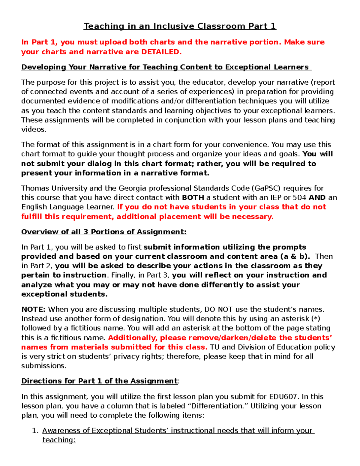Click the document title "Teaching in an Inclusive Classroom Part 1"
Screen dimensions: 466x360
coord(180,26)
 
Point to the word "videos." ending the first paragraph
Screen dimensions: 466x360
coord(34,129)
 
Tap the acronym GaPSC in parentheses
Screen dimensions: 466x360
coord(267,188)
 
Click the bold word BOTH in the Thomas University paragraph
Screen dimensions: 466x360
coord(193,197)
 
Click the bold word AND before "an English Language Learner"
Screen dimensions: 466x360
coord(317,197)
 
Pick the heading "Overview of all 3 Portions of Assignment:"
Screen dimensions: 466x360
coord(104,232)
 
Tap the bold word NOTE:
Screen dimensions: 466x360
coord(33,309)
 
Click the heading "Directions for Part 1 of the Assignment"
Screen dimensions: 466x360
coord(99,381)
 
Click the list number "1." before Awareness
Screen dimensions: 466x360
coord(35,430)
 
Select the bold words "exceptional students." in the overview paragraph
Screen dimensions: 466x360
coord(64,294)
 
